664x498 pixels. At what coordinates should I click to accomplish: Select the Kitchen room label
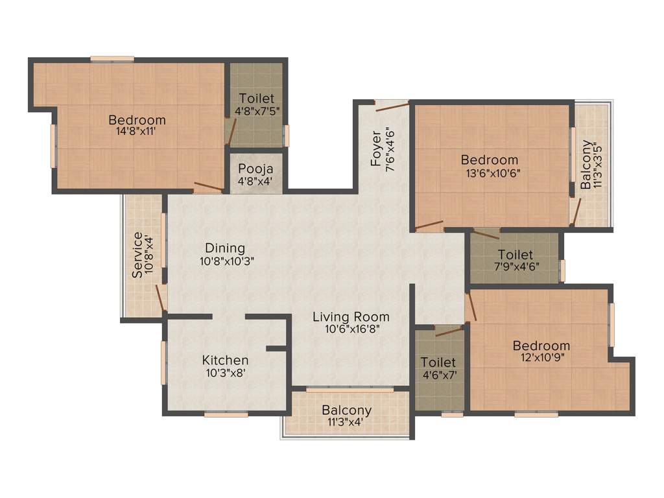point(225,360)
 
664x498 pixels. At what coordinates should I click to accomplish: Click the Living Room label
point(351,317)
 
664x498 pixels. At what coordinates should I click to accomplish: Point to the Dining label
point(225,248)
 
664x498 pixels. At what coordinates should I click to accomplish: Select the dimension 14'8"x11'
point(137,131)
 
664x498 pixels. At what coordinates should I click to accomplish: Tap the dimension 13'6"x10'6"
point(490,172)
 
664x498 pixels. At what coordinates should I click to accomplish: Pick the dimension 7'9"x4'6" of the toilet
point(516,266)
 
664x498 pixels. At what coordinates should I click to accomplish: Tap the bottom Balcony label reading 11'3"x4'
point(346,421)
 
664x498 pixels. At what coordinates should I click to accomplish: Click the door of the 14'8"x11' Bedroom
point(209,188)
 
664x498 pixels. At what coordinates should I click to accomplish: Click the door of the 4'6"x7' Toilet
point(449,331)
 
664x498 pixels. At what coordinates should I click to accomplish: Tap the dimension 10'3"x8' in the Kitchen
point(224,372)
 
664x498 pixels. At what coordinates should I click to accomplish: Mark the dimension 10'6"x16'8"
point(351,329)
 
